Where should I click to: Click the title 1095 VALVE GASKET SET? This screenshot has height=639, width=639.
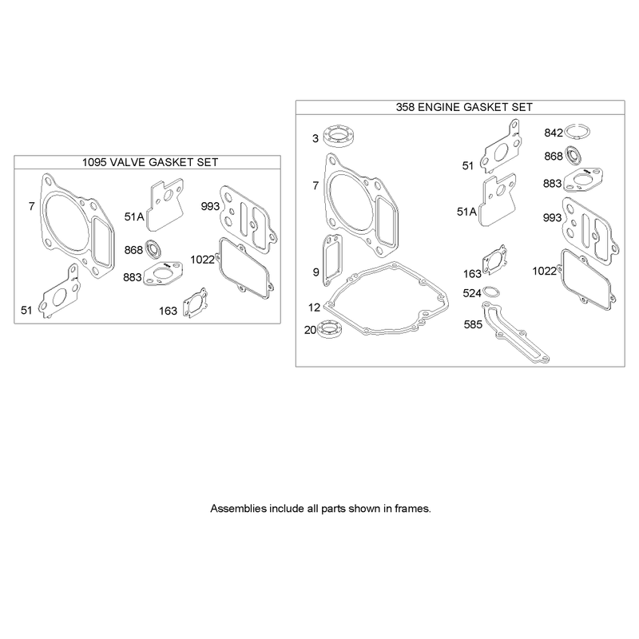pos(150,162)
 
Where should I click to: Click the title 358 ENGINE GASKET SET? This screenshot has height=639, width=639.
pos(464,107)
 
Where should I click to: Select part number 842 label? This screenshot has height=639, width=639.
pos(554,133)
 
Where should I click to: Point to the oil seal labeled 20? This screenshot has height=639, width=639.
pos(329,330)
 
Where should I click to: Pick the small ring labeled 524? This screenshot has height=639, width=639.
pos(492,292)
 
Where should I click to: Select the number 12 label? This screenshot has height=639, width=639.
pos(314,308)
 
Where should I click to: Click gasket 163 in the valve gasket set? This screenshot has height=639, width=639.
pos(195,303)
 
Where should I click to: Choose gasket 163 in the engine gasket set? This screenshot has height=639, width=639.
pos(494,260)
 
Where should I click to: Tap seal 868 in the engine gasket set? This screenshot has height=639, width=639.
pos(574,154)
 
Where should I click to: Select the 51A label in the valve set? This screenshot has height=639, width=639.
pos(134,216)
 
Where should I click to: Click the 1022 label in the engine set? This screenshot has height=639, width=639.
pos(545,271)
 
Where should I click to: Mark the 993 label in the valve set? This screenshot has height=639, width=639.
pos(210,207)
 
